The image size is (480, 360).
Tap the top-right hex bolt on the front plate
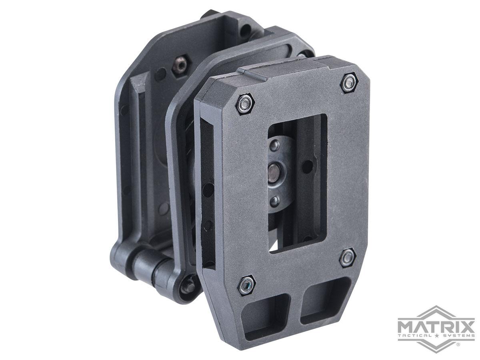click(348, 82)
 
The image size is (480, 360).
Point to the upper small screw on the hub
click(274, 146)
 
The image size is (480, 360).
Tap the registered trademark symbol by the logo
click(458, 344)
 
